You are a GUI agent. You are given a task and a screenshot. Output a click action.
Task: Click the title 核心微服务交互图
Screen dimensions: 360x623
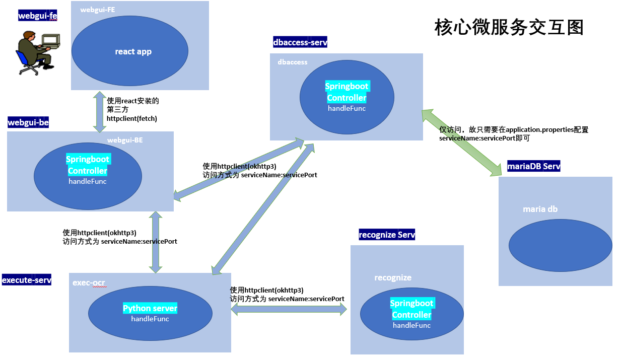coord(509,27)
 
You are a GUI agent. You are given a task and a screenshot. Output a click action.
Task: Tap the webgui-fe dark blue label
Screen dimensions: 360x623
coord(37,16)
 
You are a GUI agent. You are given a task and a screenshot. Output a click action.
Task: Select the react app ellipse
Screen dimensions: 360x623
coord(130,51)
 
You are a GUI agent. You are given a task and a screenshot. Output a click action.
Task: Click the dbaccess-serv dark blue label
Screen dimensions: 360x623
coord(300,43)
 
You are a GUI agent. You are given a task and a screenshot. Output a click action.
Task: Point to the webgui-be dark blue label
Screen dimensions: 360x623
coord(28,122)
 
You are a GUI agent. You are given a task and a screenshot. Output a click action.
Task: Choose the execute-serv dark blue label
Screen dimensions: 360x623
coord(27,280)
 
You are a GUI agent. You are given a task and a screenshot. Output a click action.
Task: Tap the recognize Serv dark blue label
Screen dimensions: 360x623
coord(387,235)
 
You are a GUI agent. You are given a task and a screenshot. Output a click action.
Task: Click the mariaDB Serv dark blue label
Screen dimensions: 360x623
coord(534,166)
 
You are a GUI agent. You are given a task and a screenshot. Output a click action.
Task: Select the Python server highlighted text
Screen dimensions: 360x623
coord(150,308)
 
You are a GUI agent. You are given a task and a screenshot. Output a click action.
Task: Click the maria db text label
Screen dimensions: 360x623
coord(540,209)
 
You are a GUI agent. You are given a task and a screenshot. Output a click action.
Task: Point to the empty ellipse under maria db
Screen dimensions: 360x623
coord(560,246)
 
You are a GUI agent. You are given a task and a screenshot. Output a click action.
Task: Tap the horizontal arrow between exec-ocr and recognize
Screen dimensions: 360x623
coord(289,311)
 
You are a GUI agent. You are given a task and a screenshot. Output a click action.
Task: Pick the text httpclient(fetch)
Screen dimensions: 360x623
coord(132,119)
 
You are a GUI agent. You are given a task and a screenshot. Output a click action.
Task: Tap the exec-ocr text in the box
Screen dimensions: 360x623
coord(89,283)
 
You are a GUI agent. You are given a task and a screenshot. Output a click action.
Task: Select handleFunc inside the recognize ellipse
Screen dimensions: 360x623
coord(411,325)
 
